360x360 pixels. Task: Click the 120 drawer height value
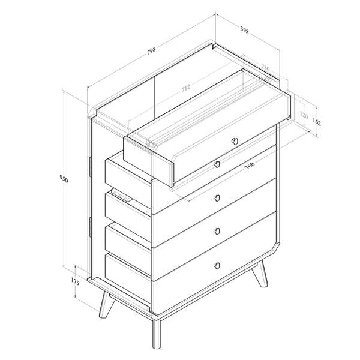point(303,115)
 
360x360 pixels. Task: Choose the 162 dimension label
point(317,122)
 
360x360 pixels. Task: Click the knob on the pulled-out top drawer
point(235,142)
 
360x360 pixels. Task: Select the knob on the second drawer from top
point(217,164)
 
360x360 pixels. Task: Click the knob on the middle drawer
point(217,198)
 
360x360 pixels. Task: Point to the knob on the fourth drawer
point(217,232)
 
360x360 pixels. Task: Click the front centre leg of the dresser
point(157,336)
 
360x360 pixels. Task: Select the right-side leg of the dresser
point(263,275)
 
